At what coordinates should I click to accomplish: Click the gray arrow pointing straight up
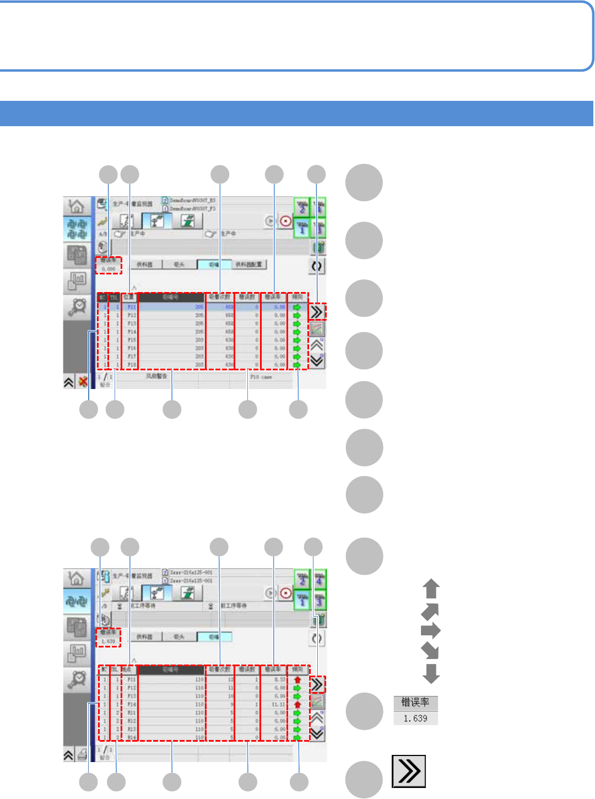[431, 589]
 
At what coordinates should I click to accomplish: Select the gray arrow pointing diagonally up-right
[430, 611]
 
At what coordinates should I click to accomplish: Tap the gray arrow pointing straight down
[431, 673]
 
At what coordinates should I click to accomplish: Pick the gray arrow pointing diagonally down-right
[430, 651]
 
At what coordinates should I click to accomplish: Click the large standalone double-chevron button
[409, 771]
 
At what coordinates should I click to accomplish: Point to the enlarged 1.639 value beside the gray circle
[415, 719]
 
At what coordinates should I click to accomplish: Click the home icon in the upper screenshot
[77, 207]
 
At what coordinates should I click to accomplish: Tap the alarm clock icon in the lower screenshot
[77, 680]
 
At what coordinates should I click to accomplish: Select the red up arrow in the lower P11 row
[297, 680]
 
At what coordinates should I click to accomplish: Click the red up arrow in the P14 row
[297, 705]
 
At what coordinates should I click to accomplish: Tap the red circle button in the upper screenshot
[286, 222]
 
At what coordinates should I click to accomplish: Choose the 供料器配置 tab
[248, 265]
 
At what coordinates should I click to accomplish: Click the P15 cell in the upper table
[132, 341]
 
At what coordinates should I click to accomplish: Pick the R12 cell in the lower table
[132, 721]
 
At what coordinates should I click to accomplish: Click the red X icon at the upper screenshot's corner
[83, 381]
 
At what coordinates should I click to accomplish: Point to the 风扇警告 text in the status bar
[156, 377]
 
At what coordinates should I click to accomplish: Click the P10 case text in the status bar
[261, 377]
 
